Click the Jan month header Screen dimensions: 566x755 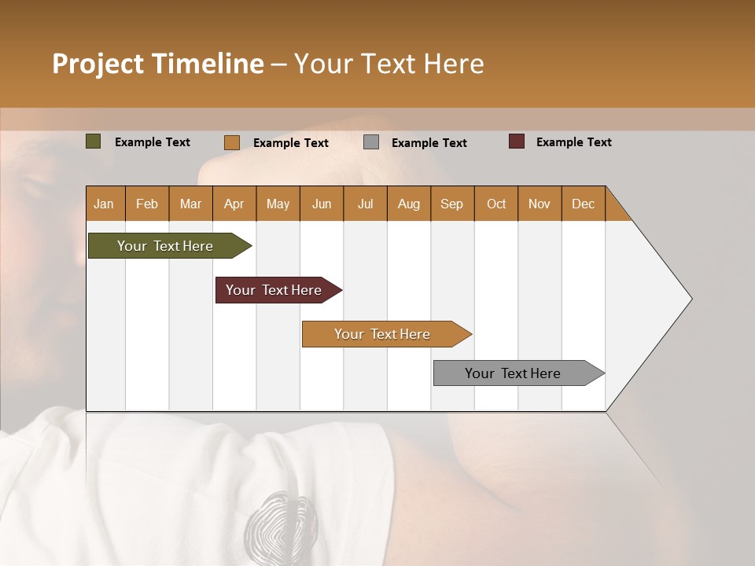105,204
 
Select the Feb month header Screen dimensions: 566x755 147,204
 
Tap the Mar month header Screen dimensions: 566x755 190,204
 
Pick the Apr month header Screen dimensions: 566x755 234,204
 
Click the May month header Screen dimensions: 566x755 278,204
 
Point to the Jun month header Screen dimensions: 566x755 322,204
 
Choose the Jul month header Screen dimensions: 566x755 365,204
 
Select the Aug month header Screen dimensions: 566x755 409,204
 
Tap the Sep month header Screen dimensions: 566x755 452,204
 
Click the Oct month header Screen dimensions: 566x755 496,204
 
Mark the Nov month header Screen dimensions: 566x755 540,204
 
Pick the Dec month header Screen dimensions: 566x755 584,204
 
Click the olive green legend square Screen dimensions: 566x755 94,141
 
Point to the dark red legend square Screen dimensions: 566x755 517,141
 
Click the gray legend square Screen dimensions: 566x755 371,141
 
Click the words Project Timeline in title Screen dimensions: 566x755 157,64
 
